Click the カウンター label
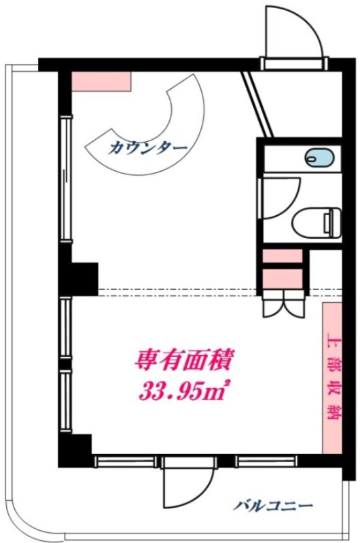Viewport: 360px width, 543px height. point(147,149)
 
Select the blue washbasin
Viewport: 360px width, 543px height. point(320,158)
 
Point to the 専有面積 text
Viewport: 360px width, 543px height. point(184,360)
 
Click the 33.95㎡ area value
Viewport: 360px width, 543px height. point(184,392)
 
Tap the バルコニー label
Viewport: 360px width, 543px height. point(272,506)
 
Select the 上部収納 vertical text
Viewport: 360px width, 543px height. point(333,377)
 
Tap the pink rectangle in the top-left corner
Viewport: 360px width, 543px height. point(101,81)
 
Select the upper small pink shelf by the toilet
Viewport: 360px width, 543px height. point(283,256)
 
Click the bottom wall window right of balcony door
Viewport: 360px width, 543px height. point(266,461)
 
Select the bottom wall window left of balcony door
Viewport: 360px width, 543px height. point(126,461)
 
